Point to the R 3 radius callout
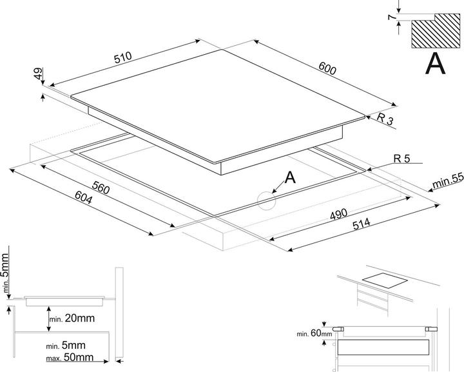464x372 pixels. (385, 119)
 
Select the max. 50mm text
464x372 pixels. (69, 357)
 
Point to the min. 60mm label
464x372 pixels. (314, 333)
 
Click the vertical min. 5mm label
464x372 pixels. (6, 275)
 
